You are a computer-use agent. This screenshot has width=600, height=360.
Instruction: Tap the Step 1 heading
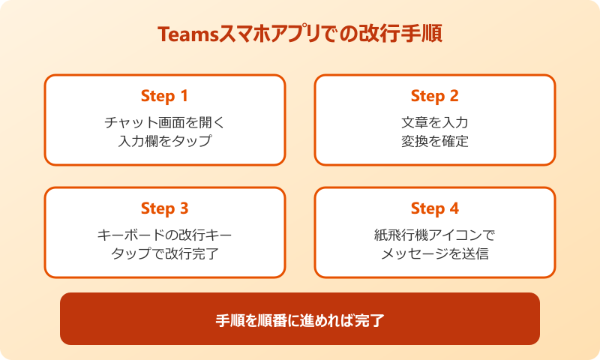point(164,96)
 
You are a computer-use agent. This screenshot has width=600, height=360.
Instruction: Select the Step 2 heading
point(434,96)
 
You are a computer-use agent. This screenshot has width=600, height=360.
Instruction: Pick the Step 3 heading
point(164,208)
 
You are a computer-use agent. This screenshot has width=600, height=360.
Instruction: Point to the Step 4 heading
point(434,208)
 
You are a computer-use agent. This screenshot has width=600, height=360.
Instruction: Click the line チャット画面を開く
point(165,122)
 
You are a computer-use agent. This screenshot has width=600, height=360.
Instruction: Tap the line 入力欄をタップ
point(165,140)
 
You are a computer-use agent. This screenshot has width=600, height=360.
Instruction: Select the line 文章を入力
point(435,122)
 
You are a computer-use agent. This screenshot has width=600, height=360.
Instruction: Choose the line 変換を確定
point(435,140)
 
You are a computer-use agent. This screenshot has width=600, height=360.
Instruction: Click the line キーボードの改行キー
point(165,235)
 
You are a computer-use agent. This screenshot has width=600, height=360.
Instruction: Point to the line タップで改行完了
point(165,253)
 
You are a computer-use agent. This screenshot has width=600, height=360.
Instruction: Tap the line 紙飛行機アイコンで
point(435,235)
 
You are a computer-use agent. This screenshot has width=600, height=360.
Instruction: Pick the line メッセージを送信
point(435,253)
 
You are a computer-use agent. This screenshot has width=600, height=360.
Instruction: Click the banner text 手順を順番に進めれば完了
point(300,319)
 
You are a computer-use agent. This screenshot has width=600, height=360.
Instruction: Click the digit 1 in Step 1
point(184,96)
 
